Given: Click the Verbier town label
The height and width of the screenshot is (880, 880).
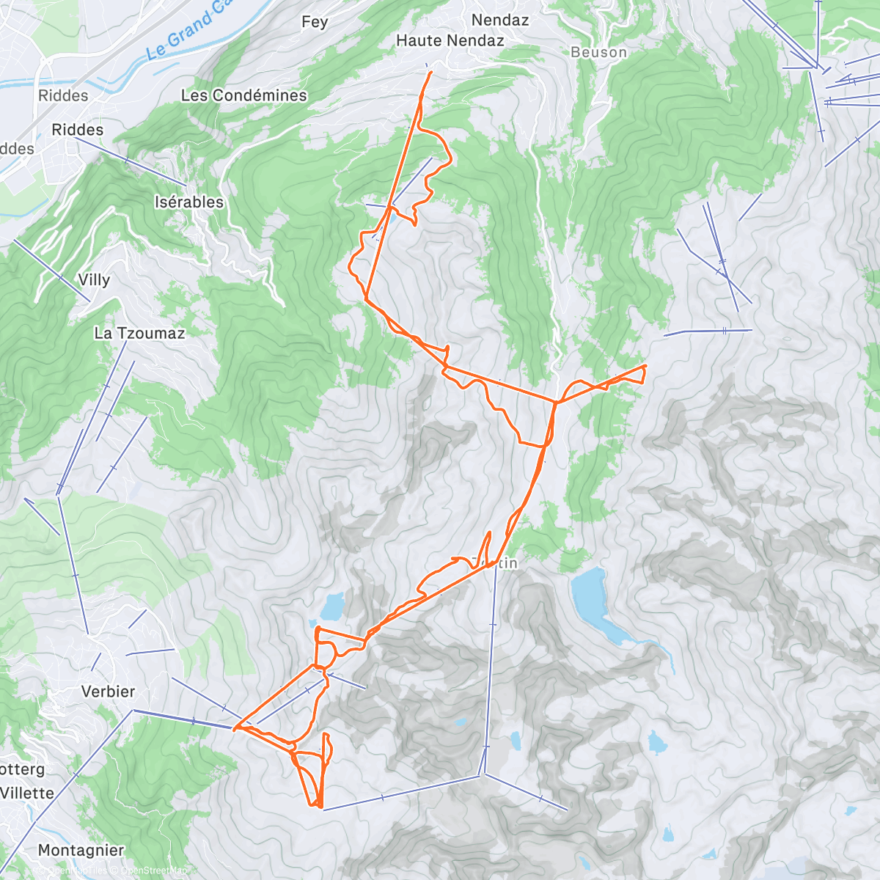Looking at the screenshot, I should click(108, 692).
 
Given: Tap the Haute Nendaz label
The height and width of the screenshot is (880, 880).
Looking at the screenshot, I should click(450, 41).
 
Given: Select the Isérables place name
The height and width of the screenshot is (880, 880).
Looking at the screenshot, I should click(189, 202).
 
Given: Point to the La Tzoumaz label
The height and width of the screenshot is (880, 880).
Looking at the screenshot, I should click(139, 333).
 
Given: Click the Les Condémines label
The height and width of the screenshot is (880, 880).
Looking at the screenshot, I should click(243, 95).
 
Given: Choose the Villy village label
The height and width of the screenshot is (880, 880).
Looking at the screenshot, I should click(94, 279).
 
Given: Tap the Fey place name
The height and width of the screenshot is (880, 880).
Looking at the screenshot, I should click(315, 22).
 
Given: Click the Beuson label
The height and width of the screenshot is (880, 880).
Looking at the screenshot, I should click(598, 52).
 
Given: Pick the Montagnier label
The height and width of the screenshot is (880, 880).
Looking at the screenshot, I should click(81, 851).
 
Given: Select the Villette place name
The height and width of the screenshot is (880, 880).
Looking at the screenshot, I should click(27, 793).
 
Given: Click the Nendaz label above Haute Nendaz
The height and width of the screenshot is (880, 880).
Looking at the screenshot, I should click(500, 20).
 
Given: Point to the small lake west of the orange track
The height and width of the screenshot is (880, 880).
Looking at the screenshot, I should click(332, 606).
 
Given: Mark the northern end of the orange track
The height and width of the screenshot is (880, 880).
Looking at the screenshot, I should click(429, 72).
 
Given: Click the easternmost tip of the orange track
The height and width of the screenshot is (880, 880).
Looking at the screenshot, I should click(645, 365).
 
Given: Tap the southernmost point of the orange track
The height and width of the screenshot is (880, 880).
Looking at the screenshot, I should click(320, 807).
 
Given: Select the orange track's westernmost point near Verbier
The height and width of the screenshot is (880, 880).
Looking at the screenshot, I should click(234, 729).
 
